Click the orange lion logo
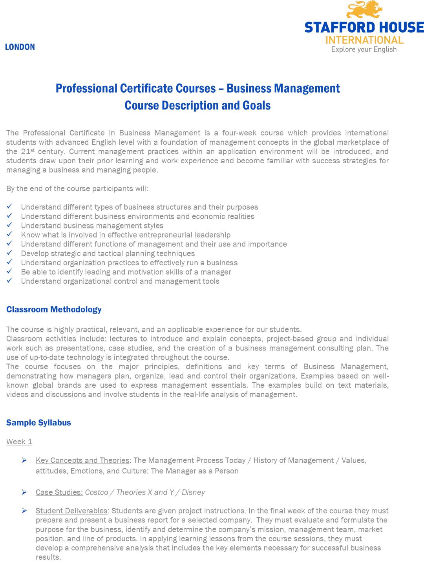364,9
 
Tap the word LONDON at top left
20,47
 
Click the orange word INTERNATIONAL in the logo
364,40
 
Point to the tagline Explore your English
364,49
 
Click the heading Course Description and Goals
197,106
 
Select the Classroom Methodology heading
54,310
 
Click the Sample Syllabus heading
38,423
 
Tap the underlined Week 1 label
19,442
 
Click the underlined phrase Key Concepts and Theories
82,460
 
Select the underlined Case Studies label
59,493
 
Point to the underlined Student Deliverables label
71,511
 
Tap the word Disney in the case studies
193,493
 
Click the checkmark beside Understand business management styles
10,225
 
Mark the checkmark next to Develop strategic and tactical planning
10,253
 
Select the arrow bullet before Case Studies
24,492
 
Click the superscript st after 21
33,150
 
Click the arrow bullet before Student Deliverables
24,511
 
